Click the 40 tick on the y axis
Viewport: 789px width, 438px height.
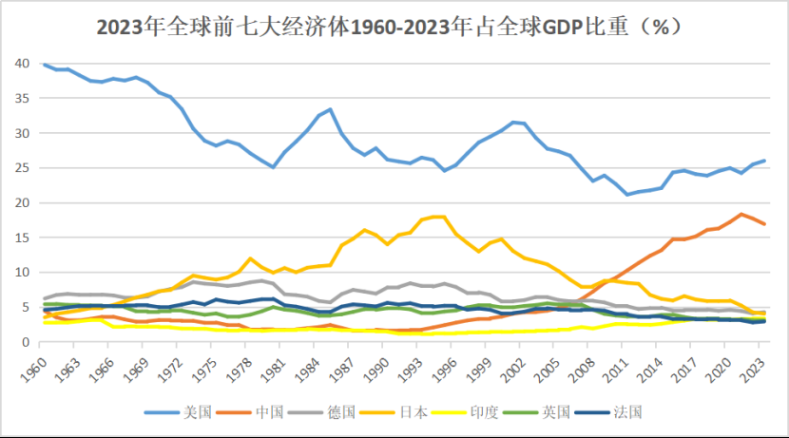(22, 64)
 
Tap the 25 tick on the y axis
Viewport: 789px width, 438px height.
(22, 168)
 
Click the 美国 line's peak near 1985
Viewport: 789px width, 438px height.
(330, 109)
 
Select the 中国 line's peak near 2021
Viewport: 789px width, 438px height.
(741, 214)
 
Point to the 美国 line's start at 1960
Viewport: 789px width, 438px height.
(45, 64)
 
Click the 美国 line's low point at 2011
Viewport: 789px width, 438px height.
(628, 194)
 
